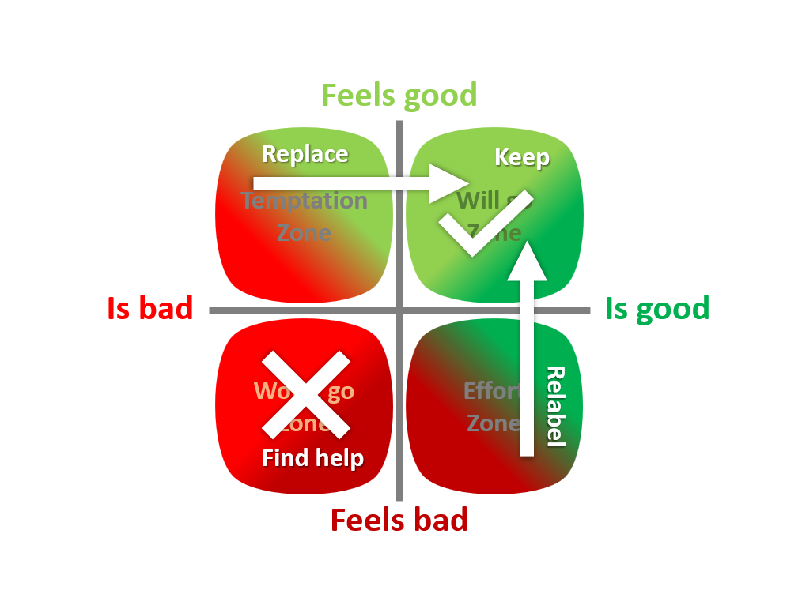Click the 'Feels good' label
click(x=399, y=96)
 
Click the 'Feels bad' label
click(x=399, y=521)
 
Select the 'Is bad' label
click(x=149, y=308)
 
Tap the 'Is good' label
click(x=656, y=308)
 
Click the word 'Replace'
click(x=305, y=153)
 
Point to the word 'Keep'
click(x=521, y=157)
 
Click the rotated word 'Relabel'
click(x=556, y=406)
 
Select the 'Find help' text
click(x=312, y=457)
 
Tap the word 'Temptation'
click(x=305, y=201)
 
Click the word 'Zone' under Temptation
click(x=304, y=233)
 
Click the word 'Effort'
click(x=491, y=391)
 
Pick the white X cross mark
click(x=306, y=395)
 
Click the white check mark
click(x=482, y=225)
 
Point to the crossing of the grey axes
click(x=399, y=310)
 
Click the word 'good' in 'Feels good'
click(x=440, y=96)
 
